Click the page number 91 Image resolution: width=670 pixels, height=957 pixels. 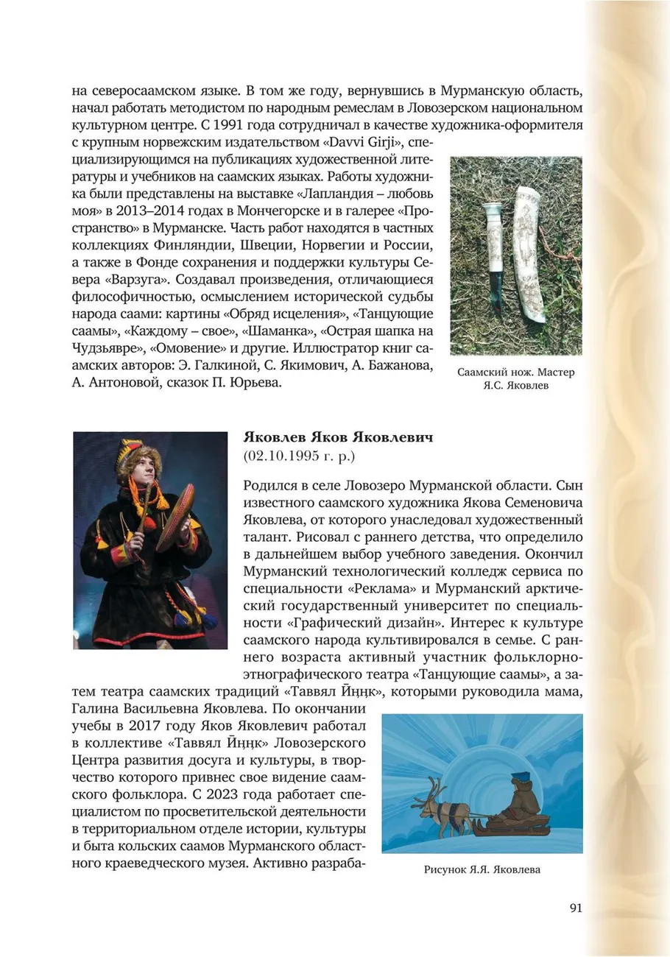pos(576,908)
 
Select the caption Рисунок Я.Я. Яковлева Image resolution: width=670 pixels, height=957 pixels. pos(482,869)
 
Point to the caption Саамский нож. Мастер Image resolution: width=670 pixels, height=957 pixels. pos(515,372)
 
